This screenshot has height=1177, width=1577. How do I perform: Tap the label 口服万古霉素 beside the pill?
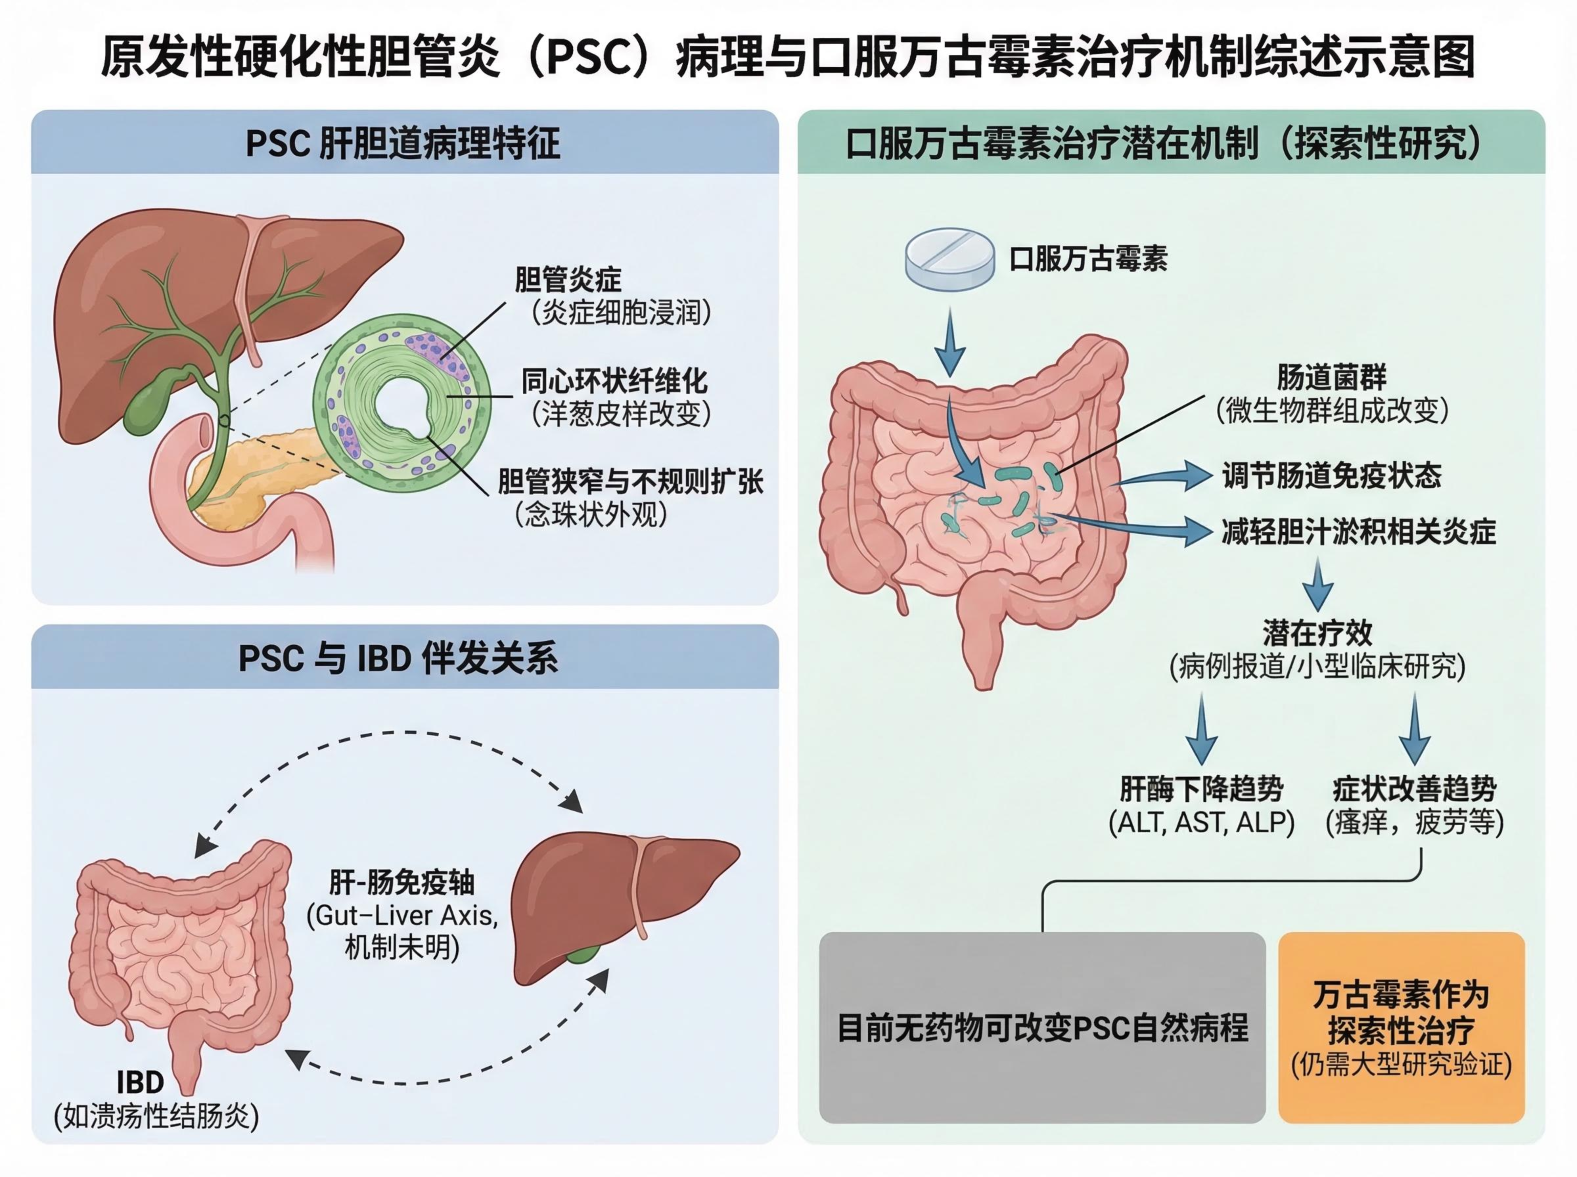(x=1088, y=259)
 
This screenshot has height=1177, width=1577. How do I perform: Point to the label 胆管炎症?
(x=568, y=280)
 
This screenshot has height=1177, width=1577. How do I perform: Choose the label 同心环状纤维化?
(x=614, y=381)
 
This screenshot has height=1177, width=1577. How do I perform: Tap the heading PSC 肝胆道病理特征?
(x=403, y=143)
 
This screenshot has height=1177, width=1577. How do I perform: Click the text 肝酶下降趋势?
(x=1201, y=789)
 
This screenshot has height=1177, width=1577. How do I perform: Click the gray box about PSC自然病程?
(x=1042, y=1028)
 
